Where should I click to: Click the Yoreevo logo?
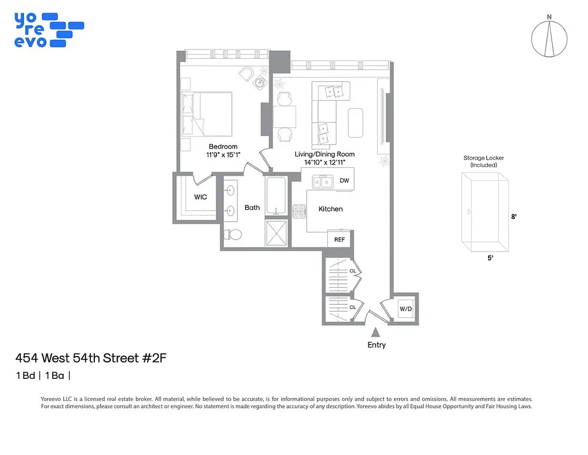click(49, 30)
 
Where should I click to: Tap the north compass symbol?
click(549, 38)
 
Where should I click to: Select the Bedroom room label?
click(223, 147)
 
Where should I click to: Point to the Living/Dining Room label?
click(324, 154)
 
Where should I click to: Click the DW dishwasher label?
click(344, 181)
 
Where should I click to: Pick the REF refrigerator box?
click(339, 239)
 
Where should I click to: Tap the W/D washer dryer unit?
click(405, 309)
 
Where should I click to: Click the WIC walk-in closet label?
click(201, 197)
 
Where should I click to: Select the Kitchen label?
click(330, 209)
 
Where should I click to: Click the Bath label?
click(252, 208)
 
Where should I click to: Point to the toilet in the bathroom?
click(233, 234)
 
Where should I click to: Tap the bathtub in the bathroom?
click(277, 195)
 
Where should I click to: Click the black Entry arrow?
click(375, 333)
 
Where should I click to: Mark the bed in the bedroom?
click(206, 114)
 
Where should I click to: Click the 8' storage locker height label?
click(514, 216)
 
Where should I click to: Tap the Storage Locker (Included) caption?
click(483, 162)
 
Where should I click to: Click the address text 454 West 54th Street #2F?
click(91, 358)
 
